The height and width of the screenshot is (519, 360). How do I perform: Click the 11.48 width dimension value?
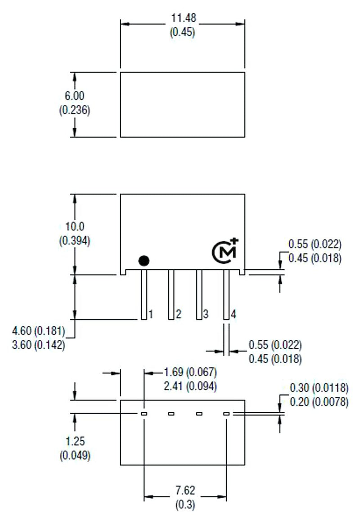183,18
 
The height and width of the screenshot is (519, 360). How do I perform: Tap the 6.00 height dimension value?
75,96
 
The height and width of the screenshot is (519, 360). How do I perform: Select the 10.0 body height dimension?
75,226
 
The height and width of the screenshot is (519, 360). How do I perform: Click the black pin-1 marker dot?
144,260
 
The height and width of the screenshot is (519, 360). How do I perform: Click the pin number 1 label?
151,314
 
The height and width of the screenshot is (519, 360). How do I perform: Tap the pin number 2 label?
178,314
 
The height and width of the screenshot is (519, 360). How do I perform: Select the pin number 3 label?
206,314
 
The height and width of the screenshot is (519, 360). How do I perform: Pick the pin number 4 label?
233,314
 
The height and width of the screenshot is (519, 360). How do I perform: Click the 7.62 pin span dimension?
185,490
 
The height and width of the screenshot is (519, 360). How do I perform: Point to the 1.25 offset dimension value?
75,441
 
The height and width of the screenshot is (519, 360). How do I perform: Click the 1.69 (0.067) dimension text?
190,372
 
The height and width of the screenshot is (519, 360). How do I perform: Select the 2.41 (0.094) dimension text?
190,386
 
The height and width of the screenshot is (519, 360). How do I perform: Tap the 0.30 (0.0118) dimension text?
319,388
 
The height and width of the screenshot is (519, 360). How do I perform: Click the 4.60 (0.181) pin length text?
38,332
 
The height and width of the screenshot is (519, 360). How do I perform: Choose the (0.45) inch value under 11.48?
183,32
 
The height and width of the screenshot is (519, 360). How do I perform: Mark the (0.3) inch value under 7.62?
185,505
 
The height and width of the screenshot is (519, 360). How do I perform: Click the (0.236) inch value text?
75,110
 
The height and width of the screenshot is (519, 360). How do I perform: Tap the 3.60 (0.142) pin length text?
38,346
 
